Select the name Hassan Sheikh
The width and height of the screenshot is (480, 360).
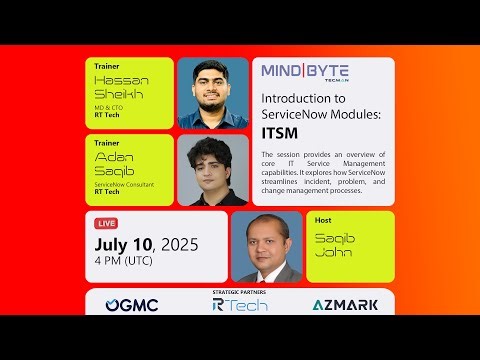[x=119, y=87]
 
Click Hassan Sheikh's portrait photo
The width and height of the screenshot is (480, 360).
[x=212, y=92]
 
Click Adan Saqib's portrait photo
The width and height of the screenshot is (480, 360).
[x=212, y=170]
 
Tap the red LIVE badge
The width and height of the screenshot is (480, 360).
[x=108, y=222]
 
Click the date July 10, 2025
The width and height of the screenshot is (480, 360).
[x=146, y=243]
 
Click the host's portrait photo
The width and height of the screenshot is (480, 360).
[x=266, y=247]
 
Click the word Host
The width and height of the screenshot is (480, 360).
[x=324, y=221]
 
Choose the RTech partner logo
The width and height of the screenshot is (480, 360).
[x=240, y=305]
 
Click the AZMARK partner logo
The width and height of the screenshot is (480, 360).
[x=345, y=305]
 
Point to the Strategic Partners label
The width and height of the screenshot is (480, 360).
[x=240, y=292]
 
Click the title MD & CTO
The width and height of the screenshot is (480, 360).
[x=111, y=108]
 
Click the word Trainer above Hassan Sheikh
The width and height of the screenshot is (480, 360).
[x=107, y=67]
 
